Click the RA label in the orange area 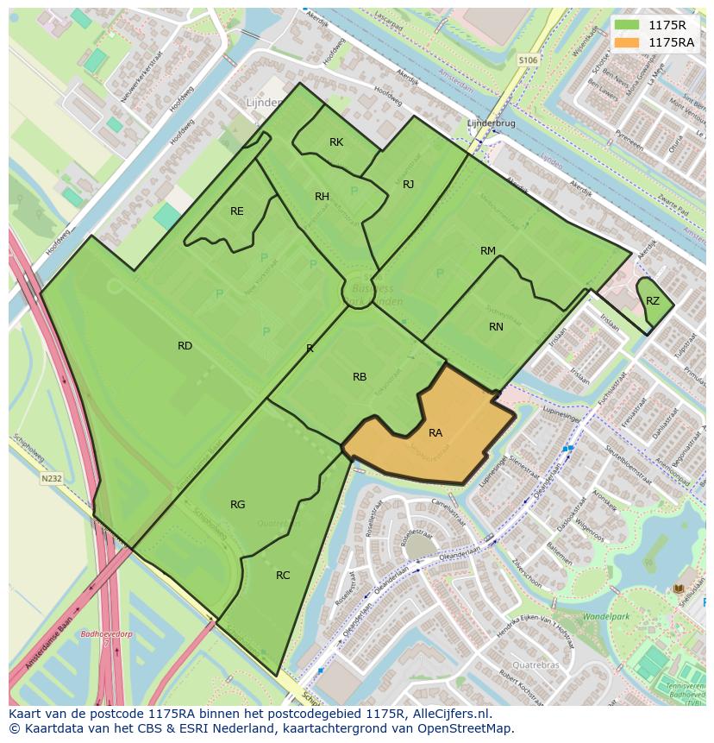(435, 433)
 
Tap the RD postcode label (185, 346)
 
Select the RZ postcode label (653, 301)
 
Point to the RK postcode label (336, 142)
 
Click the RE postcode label (237, 211)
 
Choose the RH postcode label (322, 197)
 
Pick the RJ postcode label (409, 185)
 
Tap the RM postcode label (488, 251)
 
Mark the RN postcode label (496, 327)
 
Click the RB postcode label (360, 377)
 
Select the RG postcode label (238, 505)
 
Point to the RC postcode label (283, 576)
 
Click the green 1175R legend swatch (628, 25)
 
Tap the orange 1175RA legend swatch (628, 42)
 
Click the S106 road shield (529, 60)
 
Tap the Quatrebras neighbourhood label (535, 665)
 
